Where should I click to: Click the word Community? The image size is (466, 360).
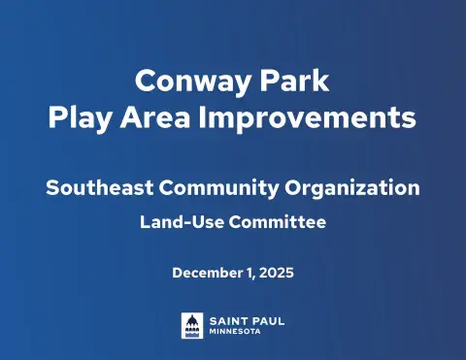(216, 187)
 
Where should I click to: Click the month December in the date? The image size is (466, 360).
(209, 273)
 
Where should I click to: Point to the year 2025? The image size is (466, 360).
(276, 273)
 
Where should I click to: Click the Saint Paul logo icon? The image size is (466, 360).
(191, 324)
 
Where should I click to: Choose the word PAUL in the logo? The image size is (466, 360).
(268, 319)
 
